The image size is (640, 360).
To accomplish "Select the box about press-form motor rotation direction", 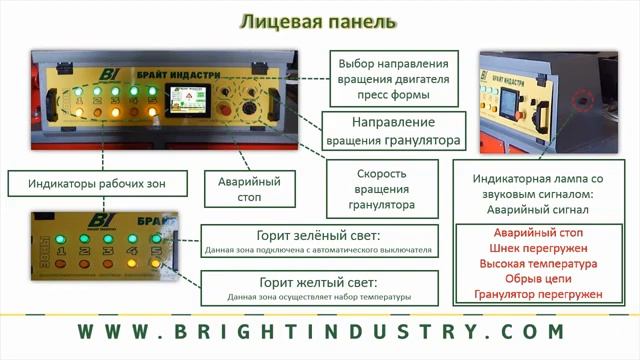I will [x=396, y=79].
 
